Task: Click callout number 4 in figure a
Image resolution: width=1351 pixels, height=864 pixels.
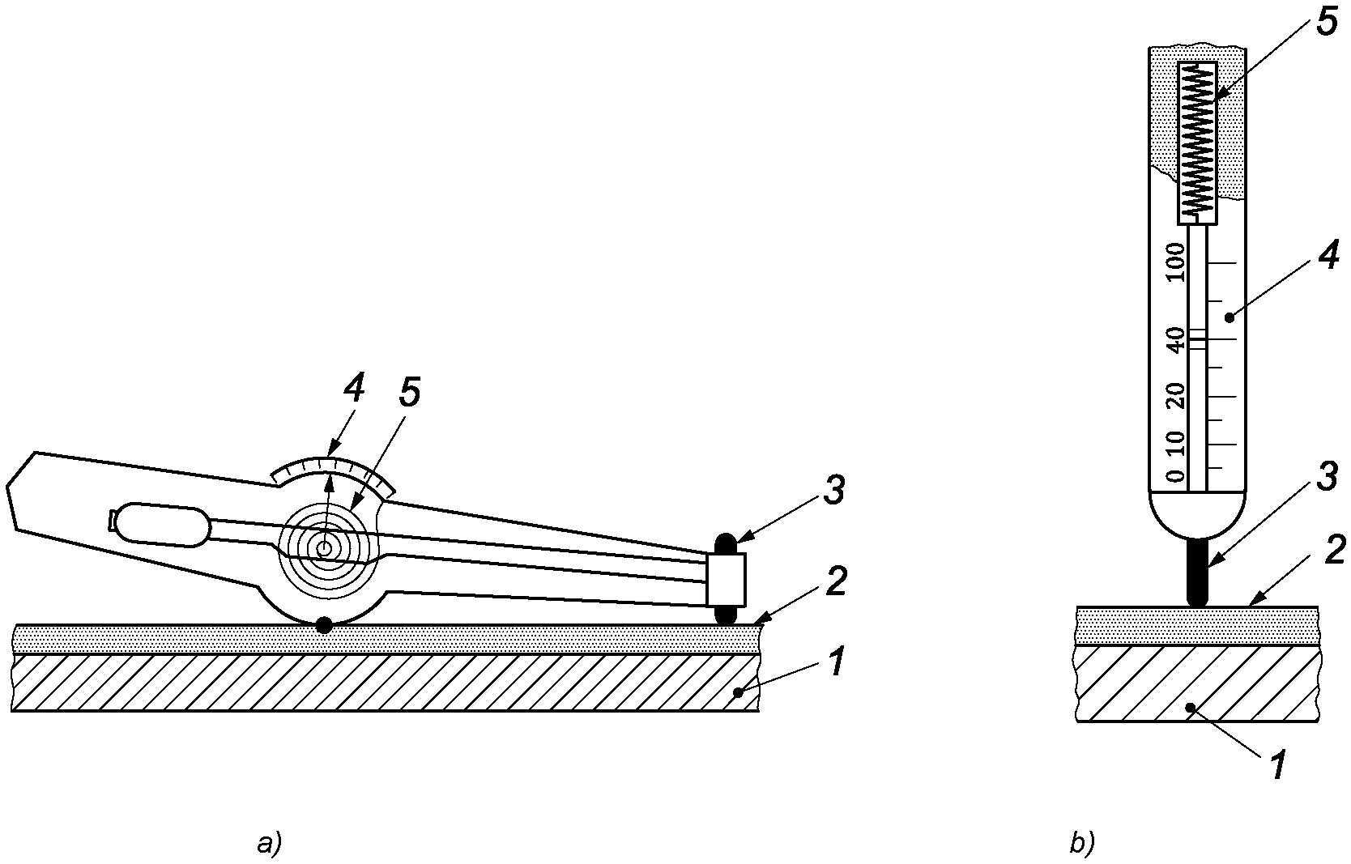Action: (x=353, y=389)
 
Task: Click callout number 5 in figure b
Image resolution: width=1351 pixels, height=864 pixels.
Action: (x=1326, y=22)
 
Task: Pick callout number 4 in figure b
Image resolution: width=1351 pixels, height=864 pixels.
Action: (x=1328, y=257)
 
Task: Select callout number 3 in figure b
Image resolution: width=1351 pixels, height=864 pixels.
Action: (x=1326, y=478)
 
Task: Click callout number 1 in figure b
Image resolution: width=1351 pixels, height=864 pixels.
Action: (x=1276, y=764)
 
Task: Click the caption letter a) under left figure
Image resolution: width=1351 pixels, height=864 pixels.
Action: (x=269, y=845)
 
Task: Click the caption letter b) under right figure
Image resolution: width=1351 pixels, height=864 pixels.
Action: (x=1082, y=845)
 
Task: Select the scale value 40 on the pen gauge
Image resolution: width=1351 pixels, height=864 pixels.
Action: (x=1175, y=338)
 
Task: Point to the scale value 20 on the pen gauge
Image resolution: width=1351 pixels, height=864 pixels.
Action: (x=1175, y=395)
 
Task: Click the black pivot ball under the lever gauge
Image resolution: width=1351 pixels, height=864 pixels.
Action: (x=324, y=625)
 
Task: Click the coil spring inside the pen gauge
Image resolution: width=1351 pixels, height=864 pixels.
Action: (x=1198, y=142)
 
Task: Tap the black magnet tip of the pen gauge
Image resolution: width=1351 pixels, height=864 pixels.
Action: (x=1197, y=573)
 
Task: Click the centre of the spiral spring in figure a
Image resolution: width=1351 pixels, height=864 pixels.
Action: (x=325, y=548)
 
